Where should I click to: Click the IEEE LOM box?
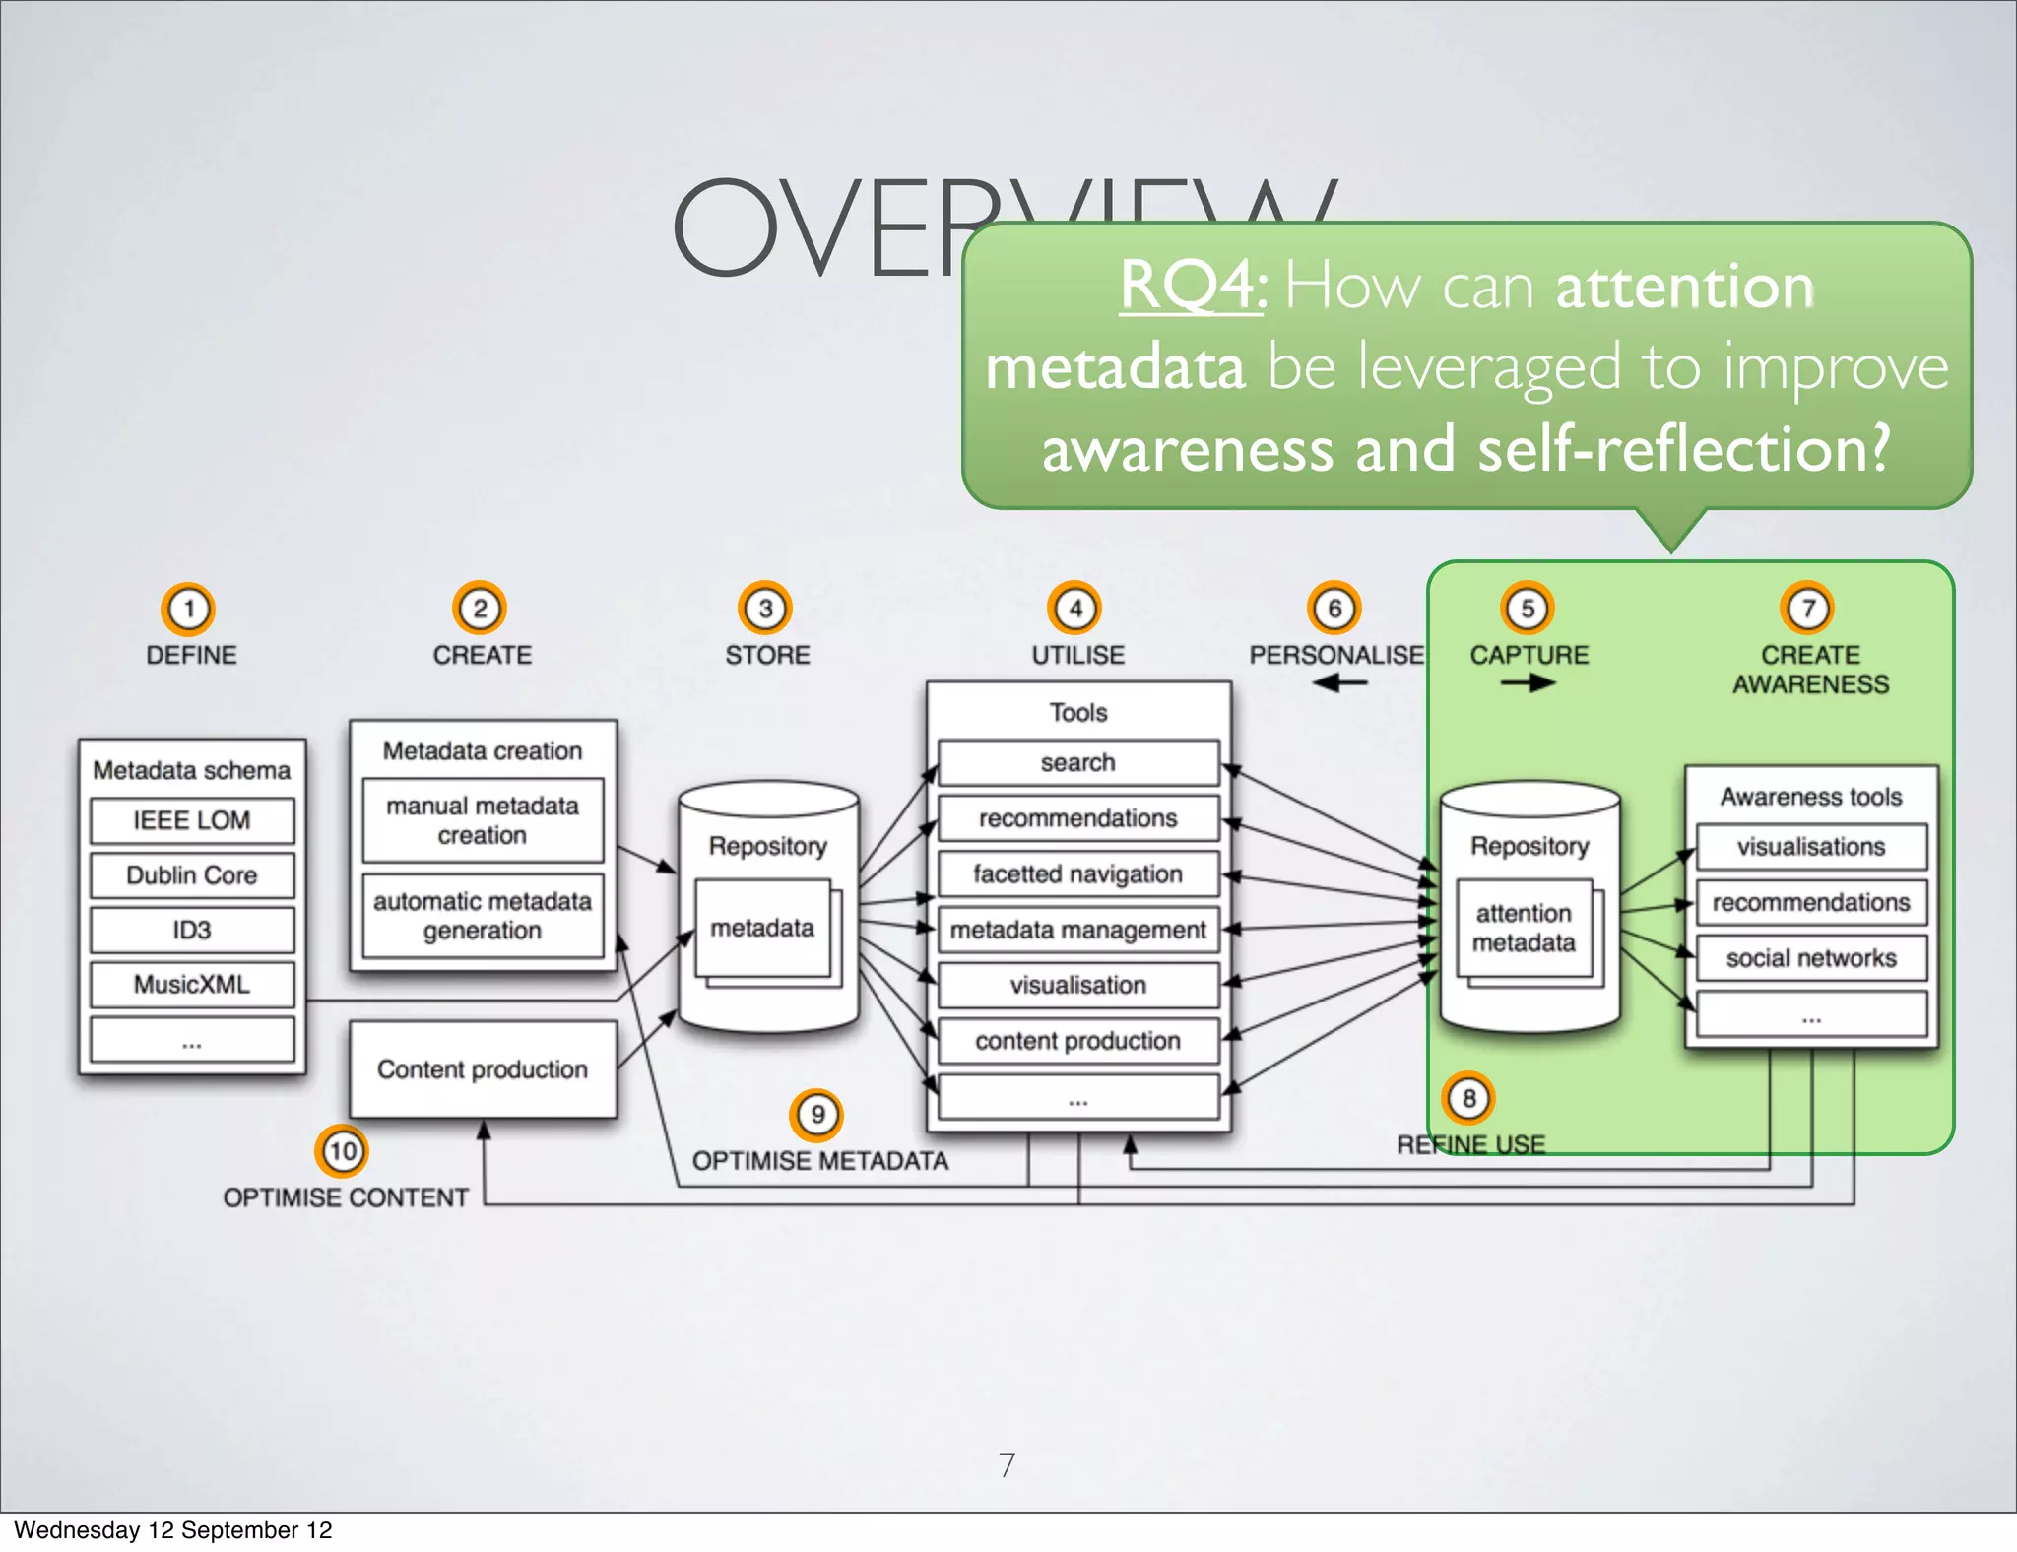click(x=192, y=820)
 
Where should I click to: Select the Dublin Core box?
click(x=192, y=875)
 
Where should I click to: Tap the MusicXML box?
click(x=192, y=985)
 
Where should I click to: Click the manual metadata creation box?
click(x=483, y=820)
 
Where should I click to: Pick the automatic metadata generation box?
click(x=483, y=916)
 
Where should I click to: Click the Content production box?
click(x=483, y=1069)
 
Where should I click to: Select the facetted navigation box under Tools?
click(x=1078, y=874)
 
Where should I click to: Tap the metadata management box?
click(x=1078, y=930)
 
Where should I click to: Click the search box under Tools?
click(x=1078, y=763)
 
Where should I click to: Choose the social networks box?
click(x=1811, y=958)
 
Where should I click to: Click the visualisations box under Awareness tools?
click(x=1811, y=847)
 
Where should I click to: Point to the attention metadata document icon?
click(x=1525, y=929)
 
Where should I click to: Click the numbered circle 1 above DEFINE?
click(x=188, y=609)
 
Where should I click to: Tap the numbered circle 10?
click(x=342, y=1150)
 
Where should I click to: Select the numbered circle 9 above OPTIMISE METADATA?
click(x=816, y=1115)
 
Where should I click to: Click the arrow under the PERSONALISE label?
click(x=1339, y=682)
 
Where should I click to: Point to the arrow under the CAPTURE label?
click(x=1528, y=682)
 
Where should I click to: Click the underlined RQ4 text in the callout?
click(x=1192, y=287)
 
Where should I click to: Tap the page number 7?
click(x=1007, y=1464)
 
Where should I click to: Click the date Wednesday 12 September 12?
click(x=173, y=1530)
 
